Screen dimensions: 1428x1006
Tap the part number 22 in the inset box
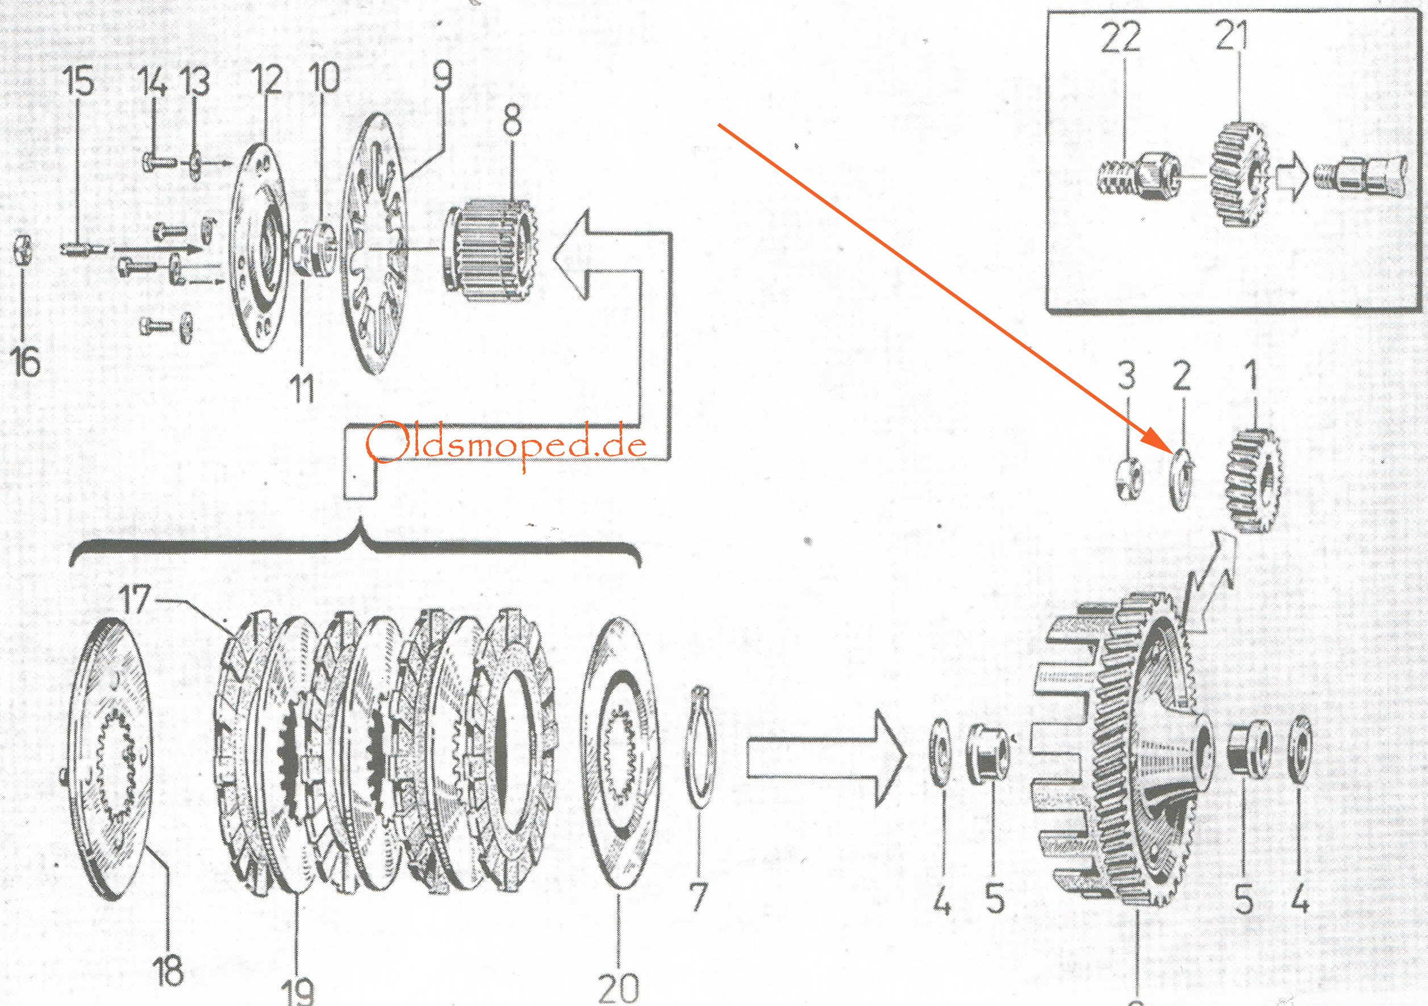[1121, 38]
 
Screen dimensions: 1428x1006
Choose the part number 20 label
[618, 987]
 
